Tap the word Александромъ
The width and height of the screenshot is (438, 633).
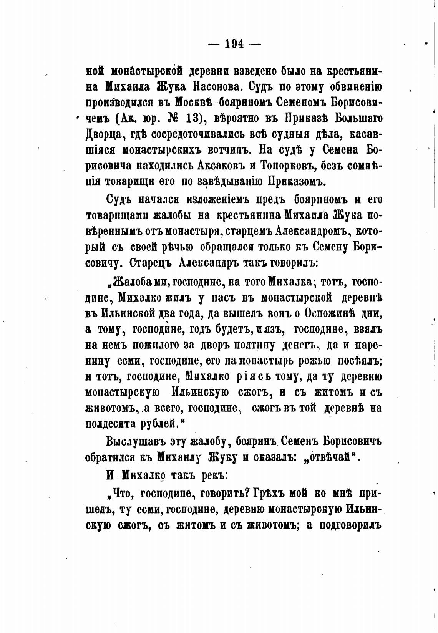pyautogui.click(x=314, y=232)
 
